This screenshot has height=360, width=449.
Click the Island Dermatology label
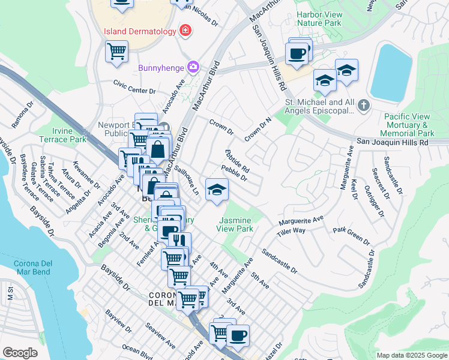[x=139, y=31]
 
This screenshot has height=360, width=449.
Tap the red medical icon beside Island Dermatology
[x=185, y=30]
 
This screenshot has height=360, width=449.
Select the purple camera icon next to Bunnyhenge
[x=193, y=66]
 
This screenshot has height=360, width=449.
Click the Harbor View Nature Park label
[x=318, y=19]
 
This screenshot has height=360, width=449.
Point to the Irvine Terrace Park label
[x=71, y=135]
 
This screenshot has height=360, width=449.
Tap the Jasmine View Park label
[x=236, y=224]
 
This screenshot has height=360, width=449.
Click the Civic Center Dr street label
[x=135, y=88]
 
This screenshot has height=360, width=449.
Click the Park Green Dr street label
[x=351, y=235]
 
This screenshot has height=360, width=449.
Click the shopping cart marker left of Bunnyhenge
[x=116, y=51]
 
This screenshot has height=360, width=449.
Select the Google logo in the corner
[x=20, y=352]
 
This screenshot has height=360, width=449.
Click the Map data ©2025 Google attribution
[x=412, y=355]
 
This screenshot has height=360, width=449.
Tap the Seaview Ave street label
[x=160, y=337]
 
